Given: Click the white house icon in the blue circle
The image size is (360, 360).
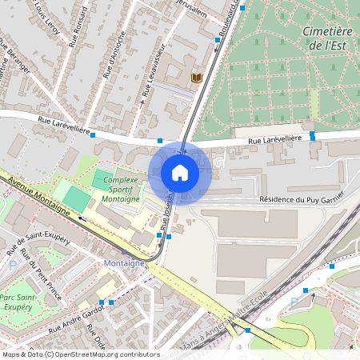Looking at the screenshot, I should click(180, 172).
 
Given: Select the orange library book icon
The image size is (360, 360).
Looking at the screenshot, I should click(197, 78).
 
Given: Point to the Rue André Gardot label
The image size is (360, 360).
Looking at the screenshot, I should click(77, 320).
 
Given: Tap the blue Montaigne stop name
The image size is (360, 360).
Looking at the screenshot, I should click(124, 262).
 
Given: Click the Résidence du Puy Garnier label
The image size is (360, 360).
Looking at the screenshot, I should click(301, 199).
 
